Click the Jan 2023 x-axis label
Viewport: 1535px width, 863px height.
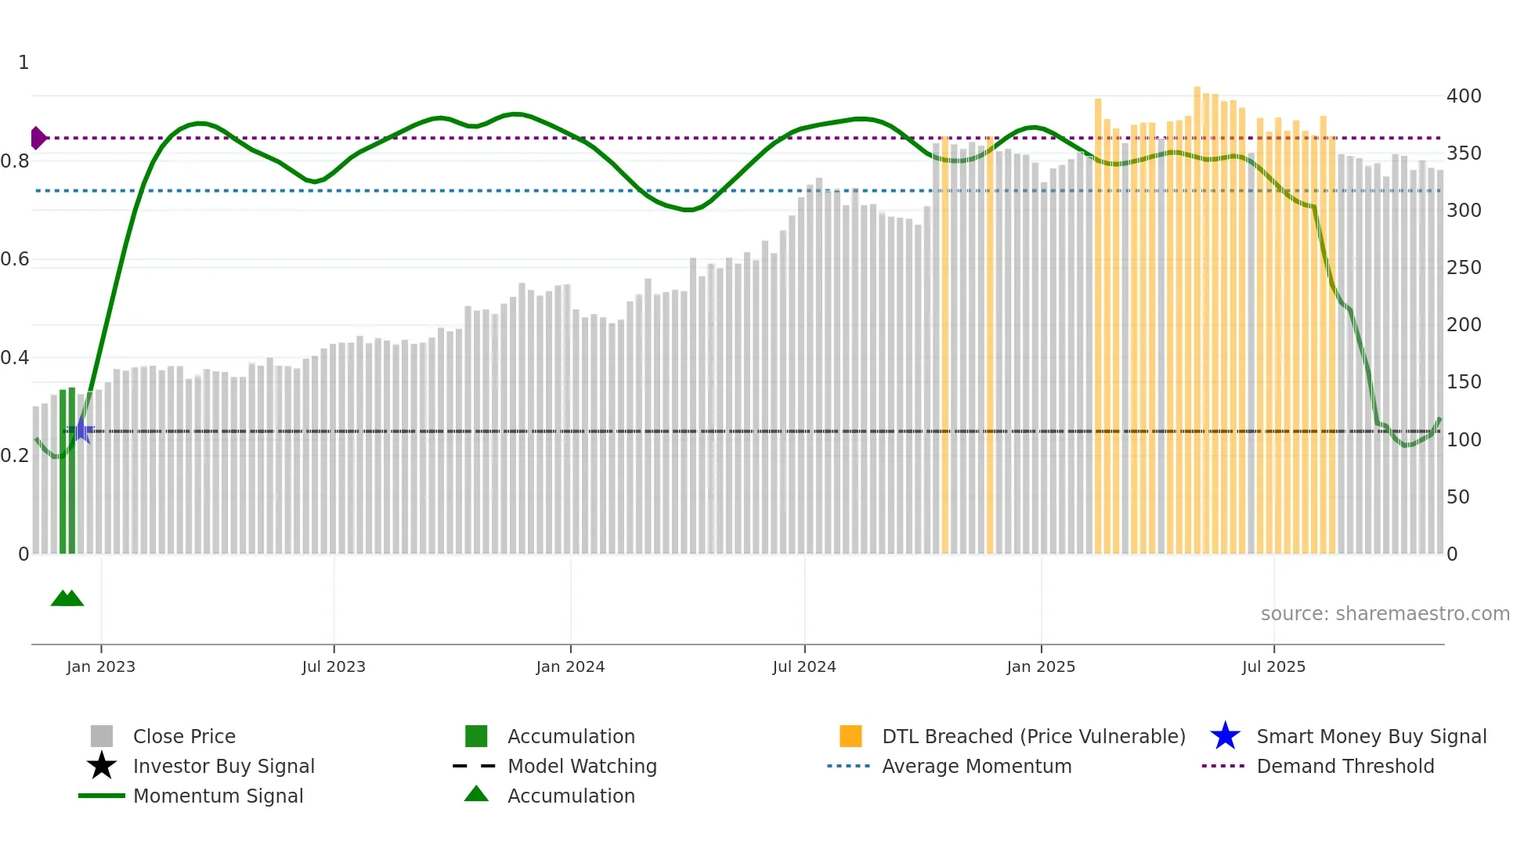coord(100,666)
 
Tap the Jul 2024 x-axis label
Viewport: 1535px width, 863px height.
coord(804,666)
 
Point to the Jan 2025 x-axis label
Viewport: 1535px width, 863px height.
coord(1041,666)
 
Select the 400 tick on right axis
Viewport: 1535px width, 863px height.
coord(1464,96)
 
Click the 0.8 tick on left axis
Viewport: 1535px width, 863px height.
coord(15,161)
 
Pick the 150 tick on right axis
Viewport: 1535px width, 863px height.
coord(1464,382)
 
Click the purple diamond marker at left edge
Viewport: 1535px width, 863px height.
coord(38,138)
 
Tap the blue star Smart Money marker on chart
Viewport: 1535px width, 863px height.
coord(81,430)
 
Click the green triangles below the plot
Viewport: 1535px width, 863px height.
coord(67,598)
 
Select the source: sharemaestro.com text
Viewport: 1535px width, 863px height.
coord(1385,614)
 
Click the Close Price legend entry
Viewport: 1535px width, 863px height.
coord(184,736)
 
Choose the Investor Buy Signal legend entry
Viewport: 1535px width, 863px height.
coord(223,766)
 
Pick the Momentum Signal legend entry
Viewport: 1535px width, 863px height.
coord(218,796)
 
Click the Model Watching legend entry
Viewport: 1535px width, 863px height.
coord(582,766)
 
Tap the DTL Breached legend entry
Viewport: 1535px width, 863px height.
coord(1033,736)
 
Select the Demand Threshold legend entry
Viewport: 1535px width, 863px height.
coord(1345,766)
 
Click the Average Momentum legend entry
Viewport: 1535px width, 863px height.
coord(977,766)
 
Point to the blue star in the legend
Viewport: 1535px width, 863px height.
coord(1225,736)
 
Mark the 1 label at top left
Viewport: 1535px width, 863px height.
coord(23,63)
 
